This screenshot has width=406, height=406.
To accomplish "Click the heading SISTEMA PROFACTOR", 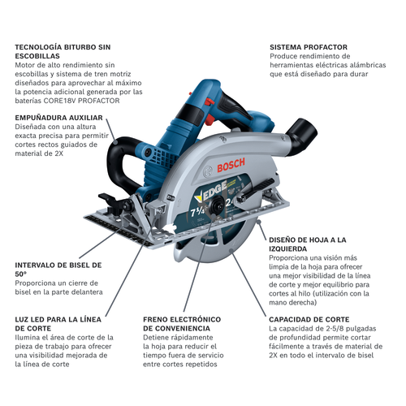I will click(309, 47).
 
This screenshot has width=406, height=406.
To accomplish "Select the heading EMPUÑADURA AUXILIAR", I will click(58, 118).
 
